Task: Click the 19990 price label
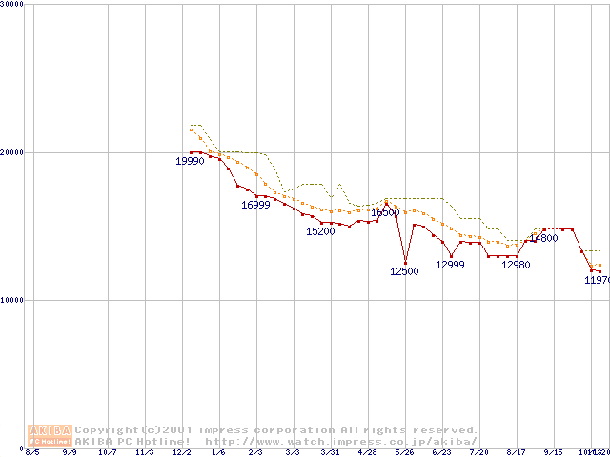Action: click(190, 161)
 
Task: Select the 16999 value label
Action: click(255, 205)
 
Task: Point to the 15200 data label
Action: click(320, 231)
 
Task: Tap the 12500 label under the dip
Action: click(404, 271)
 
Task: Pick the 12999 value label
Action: click(450, 265)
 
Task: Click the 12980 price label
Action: click(516, 265)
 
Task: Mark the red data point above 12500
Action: click(405, 263)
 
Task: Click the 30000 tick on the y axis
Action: click(12, 4)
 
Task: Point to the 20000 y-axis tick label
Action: click(12, 152)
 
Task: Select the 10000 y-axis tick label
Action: click(12, 300)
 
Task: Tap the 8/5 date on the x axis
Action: click(32, 452)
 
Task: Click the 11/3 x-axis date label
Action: click(144, 452)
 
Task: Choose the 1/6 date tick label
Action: click(218, 452)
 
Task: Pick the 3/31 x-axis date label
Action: click(330, 452)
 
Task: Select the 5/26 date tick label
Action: click(404, 452)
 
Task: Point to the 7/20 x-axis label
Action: click(478, 452)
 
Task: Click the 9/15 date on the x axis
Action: click(553, 452)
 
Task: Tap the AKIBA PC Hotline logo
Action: click(50, 435)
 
